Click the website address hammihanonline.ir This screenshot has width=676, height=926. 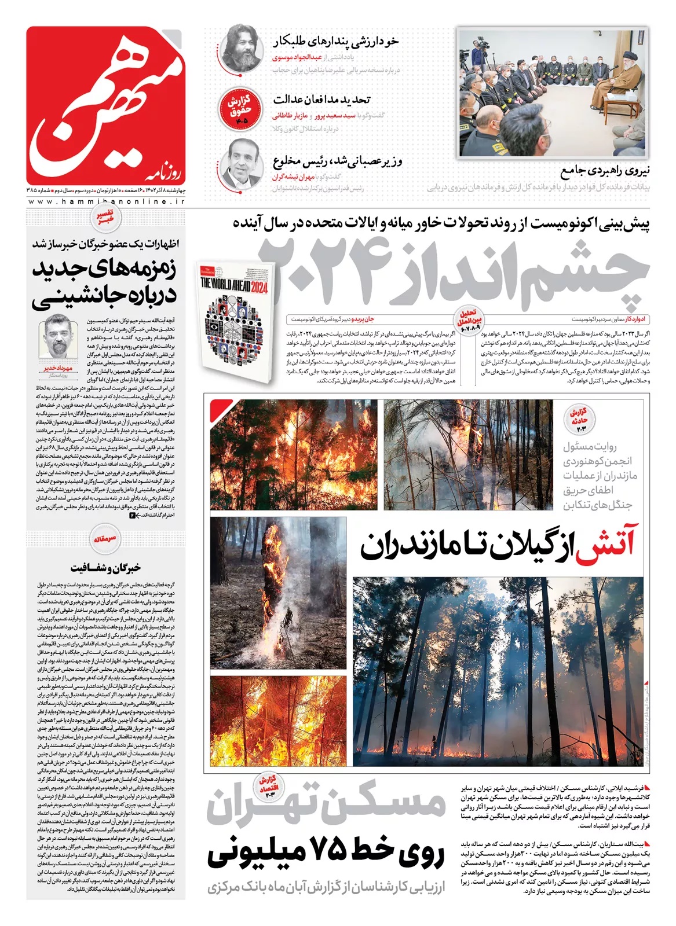pos(105,201)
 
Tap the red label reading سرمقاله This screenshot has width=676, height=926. pos(105,538)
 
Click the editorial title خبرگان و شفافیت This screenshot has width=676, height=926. pos(105,568)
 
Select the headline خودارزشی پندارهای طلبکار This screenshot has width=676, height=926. pos(335,42)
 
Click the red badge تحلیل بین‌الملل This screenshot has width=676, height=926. pos(469,319)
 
